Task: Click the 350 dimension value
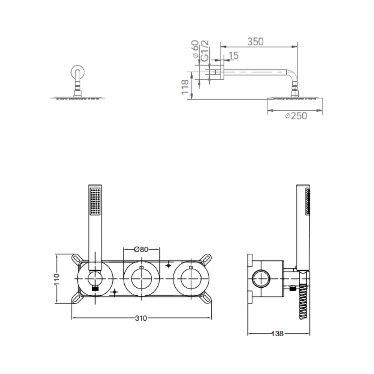[256, 42]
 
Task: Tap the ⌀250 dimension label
[296, 116]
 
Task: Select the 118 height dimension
[185, 87]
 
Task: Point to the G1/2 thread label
[205, 51]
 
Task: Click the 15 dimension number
[234, 56]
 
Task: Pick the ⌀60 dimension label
[195, 49]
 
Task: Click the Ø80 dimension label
[141, 249]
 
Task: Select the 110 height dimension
[56, 279]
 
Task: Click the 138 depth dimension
[277, 334]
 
